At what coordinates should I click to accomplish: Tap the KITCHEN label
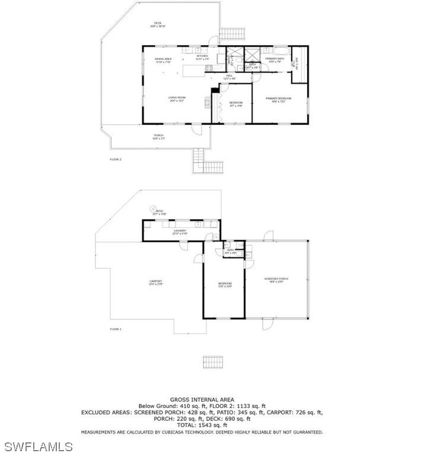click(x=203, y=58)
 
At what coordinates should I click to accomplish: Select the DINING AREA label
click(x=163, y=60)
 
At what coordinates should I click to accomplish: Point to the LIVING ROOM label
click(x=177, y=99)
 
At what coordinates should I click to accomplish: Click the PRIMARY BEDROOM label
click(x=278, y=99)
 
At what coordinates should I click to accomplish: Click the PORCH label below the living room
click(x=159, y=137)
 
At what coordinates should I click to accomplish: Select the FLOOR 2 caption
click(x=115, y=160)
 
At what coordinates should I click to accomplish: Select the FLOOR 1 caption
click(x=115, y=329)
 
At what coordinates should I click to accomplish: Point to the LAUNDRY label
click(x=180, y=232)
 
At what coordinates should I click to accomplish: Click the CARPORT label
click(x=156, y=283)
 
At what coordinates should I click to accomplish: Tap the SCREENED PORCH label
click(x=276, y=280)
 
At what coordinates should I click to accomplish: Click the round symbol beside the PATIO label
click(x=152, y=208)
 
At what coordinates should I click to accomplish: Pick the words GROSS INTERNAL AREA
click(x=202, y=400)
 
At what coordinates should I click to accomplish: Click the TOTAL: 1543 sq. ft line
click(x=202, y=425)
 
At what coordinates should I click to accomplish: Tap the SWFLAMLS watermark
click(x=37, y=446)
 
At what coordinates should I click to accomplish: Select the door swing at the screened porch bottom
click(x=267, y=324)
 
